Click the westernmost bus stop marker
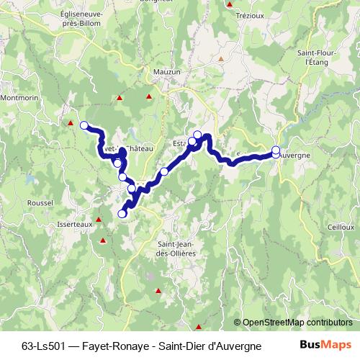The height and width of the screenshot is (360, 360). click(x=84, y=125)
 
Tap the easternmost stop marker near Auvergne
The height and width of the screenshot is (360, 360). click(x=276, y=150)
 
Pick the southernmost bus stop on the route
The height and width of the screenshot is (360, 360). click(x=122, y=213)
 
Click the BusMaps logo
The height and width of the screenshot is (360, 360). click(x=327, y=345)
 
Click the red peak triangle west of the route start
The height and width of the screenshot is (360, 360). click(x=71, y=123)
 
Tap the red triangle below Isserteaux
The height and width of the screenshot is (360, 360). click(x=102, y=240)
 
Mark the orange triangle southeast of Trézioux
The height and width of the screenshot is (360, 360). click(x=222, y=58)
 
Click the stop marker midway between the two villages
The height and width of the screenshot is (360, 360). click(x=164, y=171)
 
